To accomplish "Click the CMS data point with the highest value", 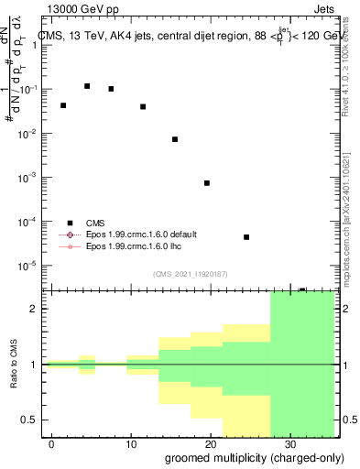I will tap(87, 86).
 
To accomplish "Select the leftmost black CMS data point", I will tap(63, 105).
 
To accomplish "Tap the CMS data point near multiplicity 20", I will tap(207, 183).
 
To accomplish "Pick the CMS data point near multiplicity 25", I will tap(246, 237).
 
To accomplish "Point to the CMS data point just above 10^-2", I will tap(175, 139).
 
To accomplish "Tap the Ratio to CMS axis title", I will tap(16, 377).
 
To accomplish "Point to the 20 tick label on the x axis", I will tap(211, 443).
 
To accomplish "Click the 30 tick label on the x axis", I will tap(289, 443).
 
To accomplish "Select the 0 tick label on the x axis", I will tap(53, 443).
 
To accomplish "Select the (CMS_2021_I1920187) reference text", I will tap(190, 274).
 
